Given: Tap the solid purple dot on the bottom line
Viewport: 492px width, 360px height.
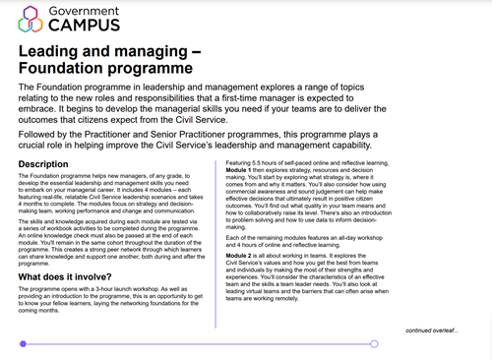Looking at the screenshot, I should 22,343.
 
